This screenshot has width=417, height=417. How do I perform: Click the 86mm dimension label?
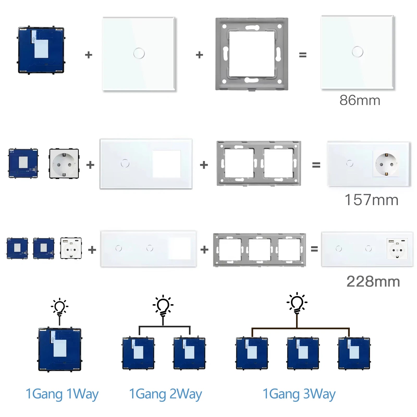point(360,100)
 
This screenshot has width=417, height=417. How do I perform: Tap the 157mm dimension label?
point(371,200)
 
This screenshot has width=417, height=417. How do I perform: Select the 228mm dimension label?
point(373,282)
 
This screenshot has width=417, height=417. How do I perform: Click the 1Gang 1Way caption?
point(62,394)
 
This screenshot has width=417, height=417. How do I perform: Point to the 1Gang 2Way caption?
point(165,394)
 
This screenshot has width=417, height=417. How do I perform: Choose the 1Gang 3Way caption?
point(299,394)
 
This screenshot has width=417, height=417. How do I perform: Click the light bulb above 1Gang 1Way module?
point(60,307)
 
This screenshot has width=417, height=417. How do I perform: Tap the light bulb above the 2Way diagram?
point(163,305)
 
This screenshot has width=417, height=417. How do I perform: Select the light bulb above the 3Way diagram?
point(297,303)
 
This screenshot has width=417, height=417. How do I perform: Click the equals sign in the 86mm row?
point(303,55)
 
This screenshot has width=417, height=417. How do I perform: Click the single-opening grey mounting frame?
point(252,54)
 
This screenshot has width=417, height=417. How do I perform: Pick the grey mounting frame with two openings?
point(259,163)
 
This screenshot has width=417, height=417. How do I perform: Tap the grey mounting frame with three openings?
point(259,250)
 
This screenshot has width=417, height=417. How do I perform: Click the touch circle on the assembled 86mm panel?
point(357,52)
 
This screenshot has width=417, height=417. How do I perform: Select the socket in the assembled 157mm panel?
point(386,164)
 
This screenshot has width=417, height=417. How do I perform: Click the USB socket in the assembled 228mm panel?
point(397,249)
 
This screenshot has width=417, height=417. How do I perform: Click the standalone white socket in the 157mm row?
point(64,164)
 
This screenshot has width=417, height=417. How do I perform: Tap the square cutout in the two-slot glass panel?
point(166,164)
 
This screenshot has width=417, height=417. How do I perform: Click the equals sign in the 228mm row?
point(314,249)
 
